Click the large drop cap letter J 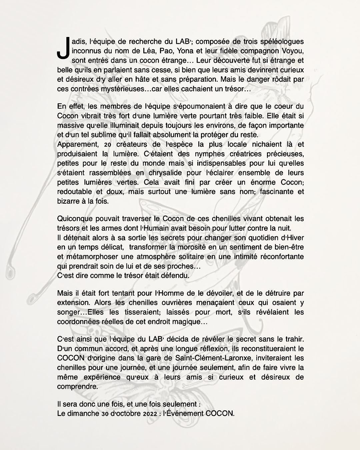coord(63,49)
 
